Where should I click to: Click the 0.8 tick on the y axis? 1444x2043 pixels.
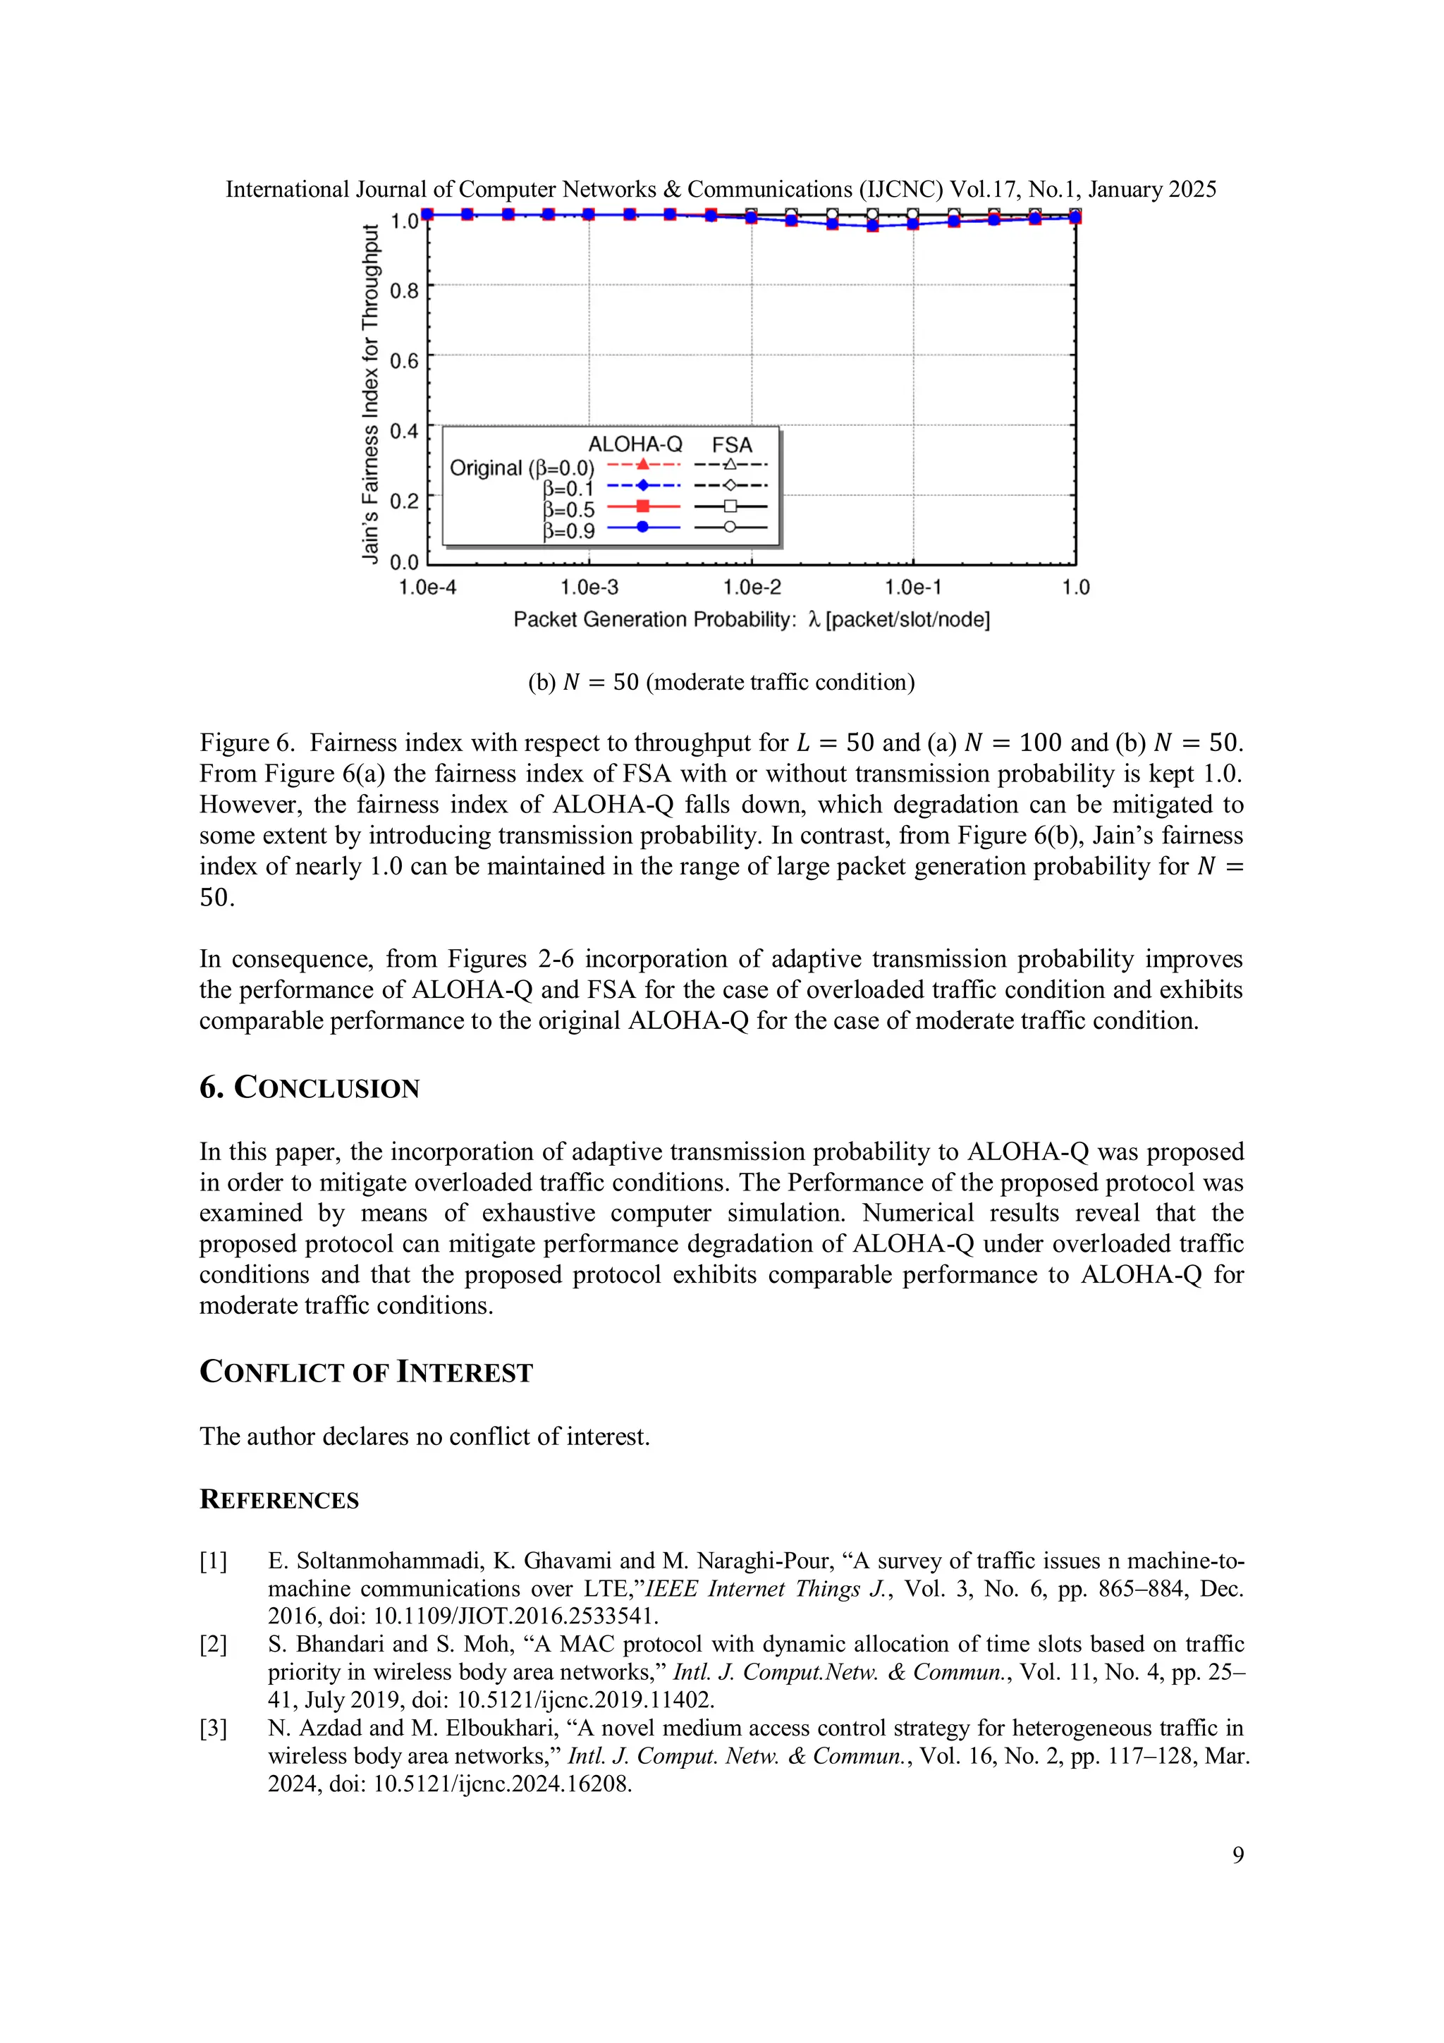(x=404, y=290)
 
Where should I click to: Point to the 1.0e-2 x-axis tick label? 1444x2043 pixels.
(x=752, y=587)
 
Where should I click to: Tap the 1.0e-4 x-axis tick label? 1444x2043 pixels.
(x=427, y=587)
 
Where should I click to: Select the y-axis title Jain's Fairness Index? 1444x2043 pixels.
(x=370, y=394)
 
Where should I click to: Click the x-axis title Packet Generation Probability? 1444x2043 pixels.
(x=654, y=619)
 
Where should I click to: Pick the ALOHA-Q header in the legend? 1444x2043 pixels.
(x=635, y=444)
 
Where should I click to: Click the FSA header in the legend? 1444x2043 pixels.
(x=731, y=444)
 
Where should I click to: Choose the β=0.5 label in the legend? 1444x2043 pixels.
(x=568, y=510)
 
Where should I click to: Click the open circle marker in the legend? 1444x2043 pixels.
(x=730, y=527)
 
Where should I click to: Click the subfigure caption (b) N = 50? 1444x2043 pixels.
(x=721, y=683)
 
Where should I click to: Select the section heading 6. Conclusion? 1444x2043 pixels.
(x=309, y=1087)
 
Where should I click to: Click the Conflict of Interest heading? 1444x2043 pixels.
(x=366, y=1372)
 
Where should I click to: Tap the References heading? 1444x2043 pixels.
(x=279, y=1499)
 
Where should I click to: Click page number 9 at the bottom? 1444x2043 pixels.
(x=1237, y=1855)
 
